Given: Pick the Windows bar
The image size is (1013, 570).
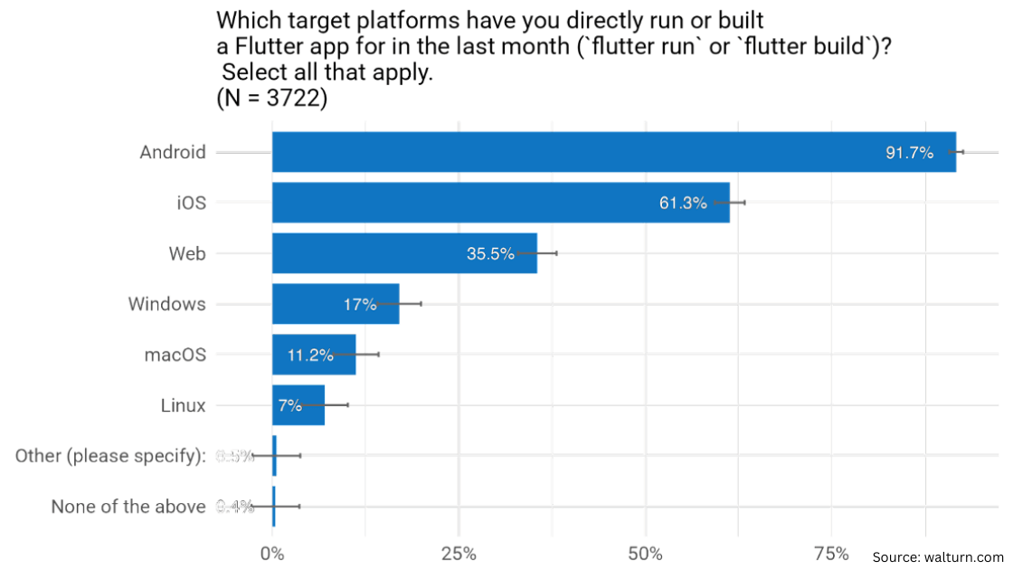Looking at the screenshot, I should pos(308,304).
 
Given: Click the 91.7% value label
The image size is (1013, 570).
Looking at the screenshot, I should pos(909,153).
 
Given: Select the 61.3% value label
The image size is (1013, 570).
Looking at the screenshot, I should pos(682,204).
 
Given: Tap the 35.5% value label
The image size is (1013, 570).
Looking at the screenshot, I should pos(489,254).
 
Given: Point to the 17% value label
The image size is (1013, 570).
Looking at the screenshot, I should pos(359,305).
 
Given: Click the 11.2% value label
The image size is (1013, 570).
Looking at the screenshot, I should pos(309,356).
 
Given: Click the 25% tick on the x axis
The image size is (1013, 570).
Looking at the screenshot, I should pos(459,554).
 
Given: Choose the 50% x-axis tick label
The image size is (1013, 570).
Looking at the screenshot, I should pos(646,554).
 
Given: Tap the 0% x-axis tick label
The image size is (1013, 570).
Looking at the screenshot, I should pos(272,554).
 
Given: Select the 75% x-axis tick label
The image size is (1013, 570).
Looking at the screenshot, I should pos(831,554).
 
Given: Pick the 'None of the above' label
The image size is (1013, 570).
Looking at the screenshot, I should pos(128,507).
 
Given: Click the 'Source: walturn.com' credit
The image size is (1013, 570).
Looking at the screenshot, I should pos(938,557).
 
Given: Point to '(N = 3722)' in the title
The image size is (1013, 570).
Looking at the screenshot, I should pos(271,100).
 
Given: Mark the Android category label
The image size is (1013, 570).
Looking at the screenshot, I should pos(173,152).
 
